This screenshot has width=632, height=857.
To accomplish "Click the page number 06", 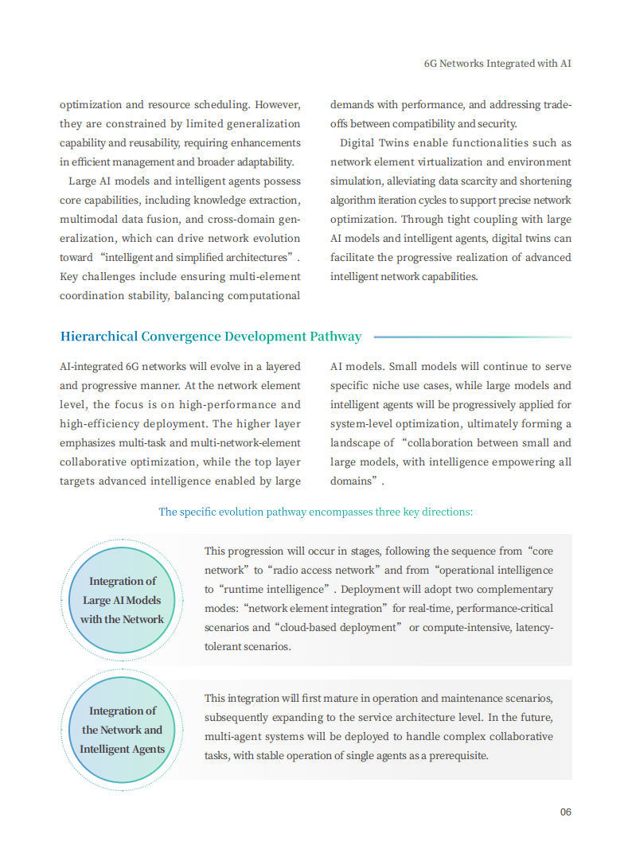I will (x=565, y=812).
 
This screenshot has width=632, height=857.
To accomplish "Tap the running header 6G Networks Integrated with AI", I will (x=497, y=63).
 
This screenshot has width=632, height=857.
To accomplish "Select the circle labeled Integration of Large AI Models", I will (x=122, y=601).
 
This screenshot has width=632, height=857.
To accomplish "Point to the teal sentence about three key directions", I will (x=315, y=512).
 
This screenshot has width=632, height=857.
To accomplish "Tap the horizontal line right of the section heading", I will (x=472, y=337).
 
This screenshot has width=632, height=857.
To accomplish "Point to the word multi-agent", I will (x=237, y=737).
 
